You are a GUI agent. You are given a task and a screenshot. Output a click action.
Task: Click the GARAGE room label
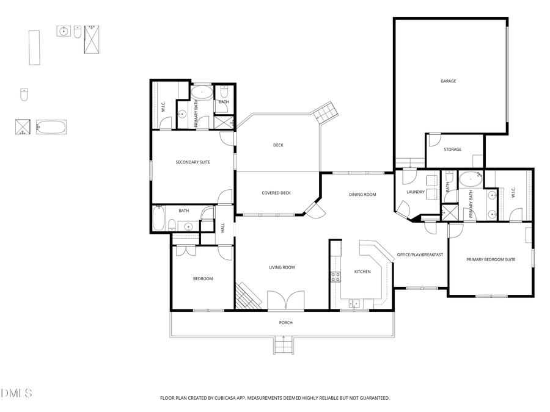pos(449,81)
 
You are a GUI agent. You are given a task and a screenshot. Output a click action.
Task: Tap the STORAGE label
pos(452,150)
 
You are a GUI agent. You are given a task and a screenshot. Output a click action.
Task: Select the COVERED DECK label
pos(276,193)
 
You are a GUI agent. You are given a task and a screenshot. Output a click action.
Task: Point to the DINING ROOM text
pos(362,195)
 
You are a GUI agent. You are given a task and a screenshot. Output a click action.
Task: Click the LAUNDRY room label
pos(416,192)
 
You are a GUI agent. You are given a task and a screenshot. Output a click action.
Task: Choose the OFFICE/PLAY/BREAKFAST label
pos(420,255)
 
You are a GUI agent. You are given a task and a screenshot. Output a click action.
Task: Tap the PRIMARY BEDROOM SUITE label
pos(491,259)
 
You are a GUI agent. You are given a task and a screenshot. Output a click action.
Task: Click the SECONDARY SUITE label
pos(193,162)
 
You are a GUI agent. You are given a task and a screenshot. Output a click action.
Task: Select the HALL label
pos(223,227)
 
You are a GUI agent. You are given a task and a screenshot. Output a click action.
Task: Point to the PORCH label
pos(285,323)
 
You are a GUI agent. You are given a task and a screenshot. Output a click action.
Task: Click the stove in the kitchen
pos(335,276)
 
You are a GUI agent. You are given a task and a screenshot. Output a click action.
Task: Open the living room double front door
pos(286,300)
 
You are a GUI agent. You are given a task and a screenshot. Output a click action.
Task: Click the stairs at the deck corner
pos(324,112)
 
